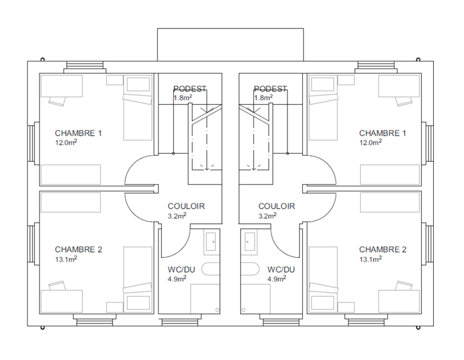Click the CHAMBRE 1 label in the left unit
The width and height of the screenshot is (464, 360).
click(78, 133)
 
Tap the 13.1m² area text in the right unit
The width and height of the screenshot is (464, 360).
click(371, 259)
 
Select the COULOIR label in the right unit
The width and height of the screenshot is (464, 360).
click(277, 206)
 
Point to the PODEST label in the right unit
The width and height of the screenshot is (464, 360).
click(270, 89)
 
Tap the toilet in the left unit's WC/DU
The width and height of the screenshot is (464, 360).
click(211, 269)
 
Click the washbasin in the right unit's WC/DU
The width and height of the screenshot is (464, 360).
click(250, 242)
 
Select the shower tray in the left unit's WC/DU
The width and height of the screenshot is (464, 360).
click(205, 299)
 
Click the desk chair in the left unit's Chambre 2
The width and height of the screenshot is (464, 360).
click(57, 286)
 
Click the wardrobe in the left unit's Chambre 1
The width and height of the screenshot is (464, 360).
click(71, 175)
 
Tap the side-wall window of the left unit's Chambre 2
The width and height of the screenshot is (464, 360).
click(32, 242)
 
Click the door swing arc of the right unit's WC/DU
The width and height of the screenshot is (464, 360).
click(279, 246)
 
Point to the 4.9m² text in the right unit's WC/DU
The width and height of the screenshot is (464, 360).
click(277, 279)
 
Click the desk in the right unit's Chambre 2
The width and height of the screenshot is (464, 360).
click(399, 301)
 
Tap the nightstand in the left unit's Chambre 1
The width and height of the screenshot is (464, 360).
click(115, 80)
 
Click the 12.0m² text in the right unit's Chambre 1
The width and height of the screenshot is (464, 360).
click(371, 142)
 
